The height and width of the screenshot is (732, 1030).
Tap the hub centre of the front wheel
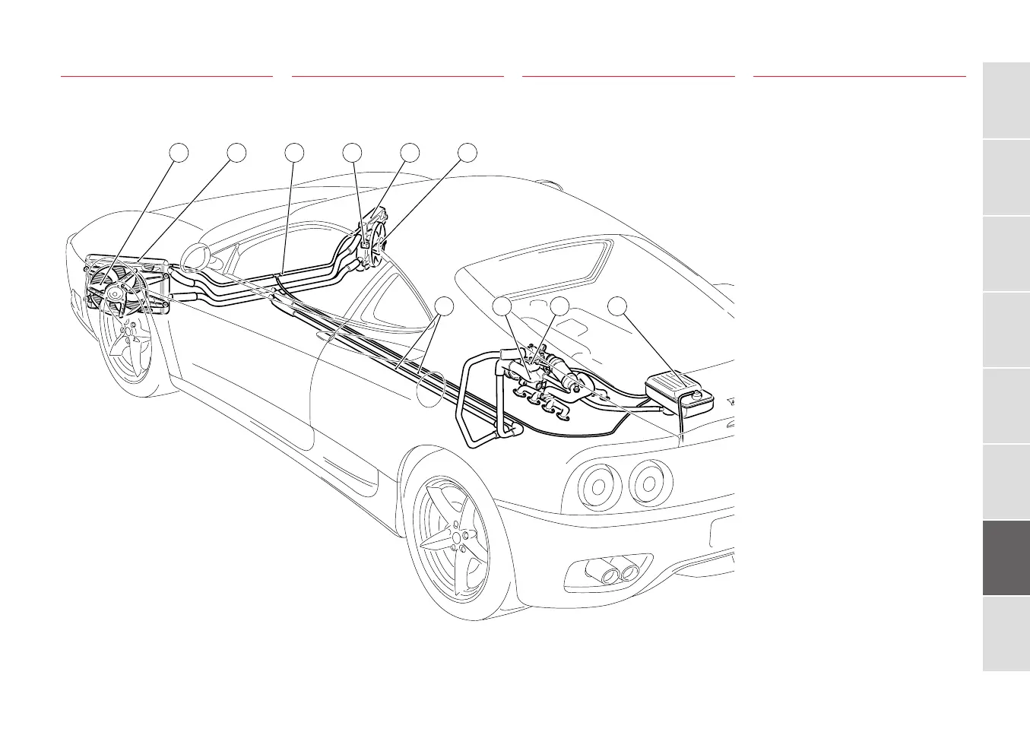pyautogui.click(x=131, y=333)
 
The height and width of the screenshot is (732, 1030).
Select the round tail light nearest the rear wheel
pyautogui.click(x=595, y=483)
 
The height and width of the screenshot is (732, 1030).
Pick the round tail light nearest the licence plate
pyautogui.click(x=648, y=484)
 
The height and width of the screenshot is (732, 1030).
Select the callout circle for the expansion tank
pyautogui.click(x=619, y=306)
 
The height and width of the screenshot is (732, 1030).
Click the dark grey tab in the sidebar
pyautogui.click(x=1006, y=558)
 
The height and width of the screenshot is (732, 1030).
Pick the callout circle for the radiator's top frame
pyautogui.click(x=236, y=152)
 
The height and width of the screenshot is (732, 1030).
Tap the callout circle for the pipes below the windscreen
pyautogui.click(x=295, y=152)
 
